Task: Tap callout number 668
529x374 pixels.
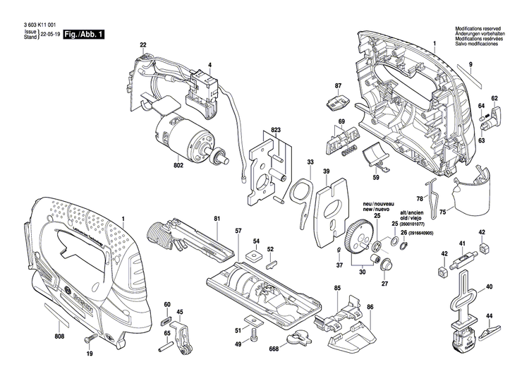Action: [274, 349]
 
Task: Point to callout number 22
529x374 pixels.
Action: [143, 45]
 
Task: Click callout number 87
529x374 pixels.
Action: [338, 86]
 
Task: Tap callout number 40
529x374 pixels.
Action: [489, 288]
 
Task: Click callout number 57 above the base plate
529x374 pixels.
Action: [238, 231]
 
